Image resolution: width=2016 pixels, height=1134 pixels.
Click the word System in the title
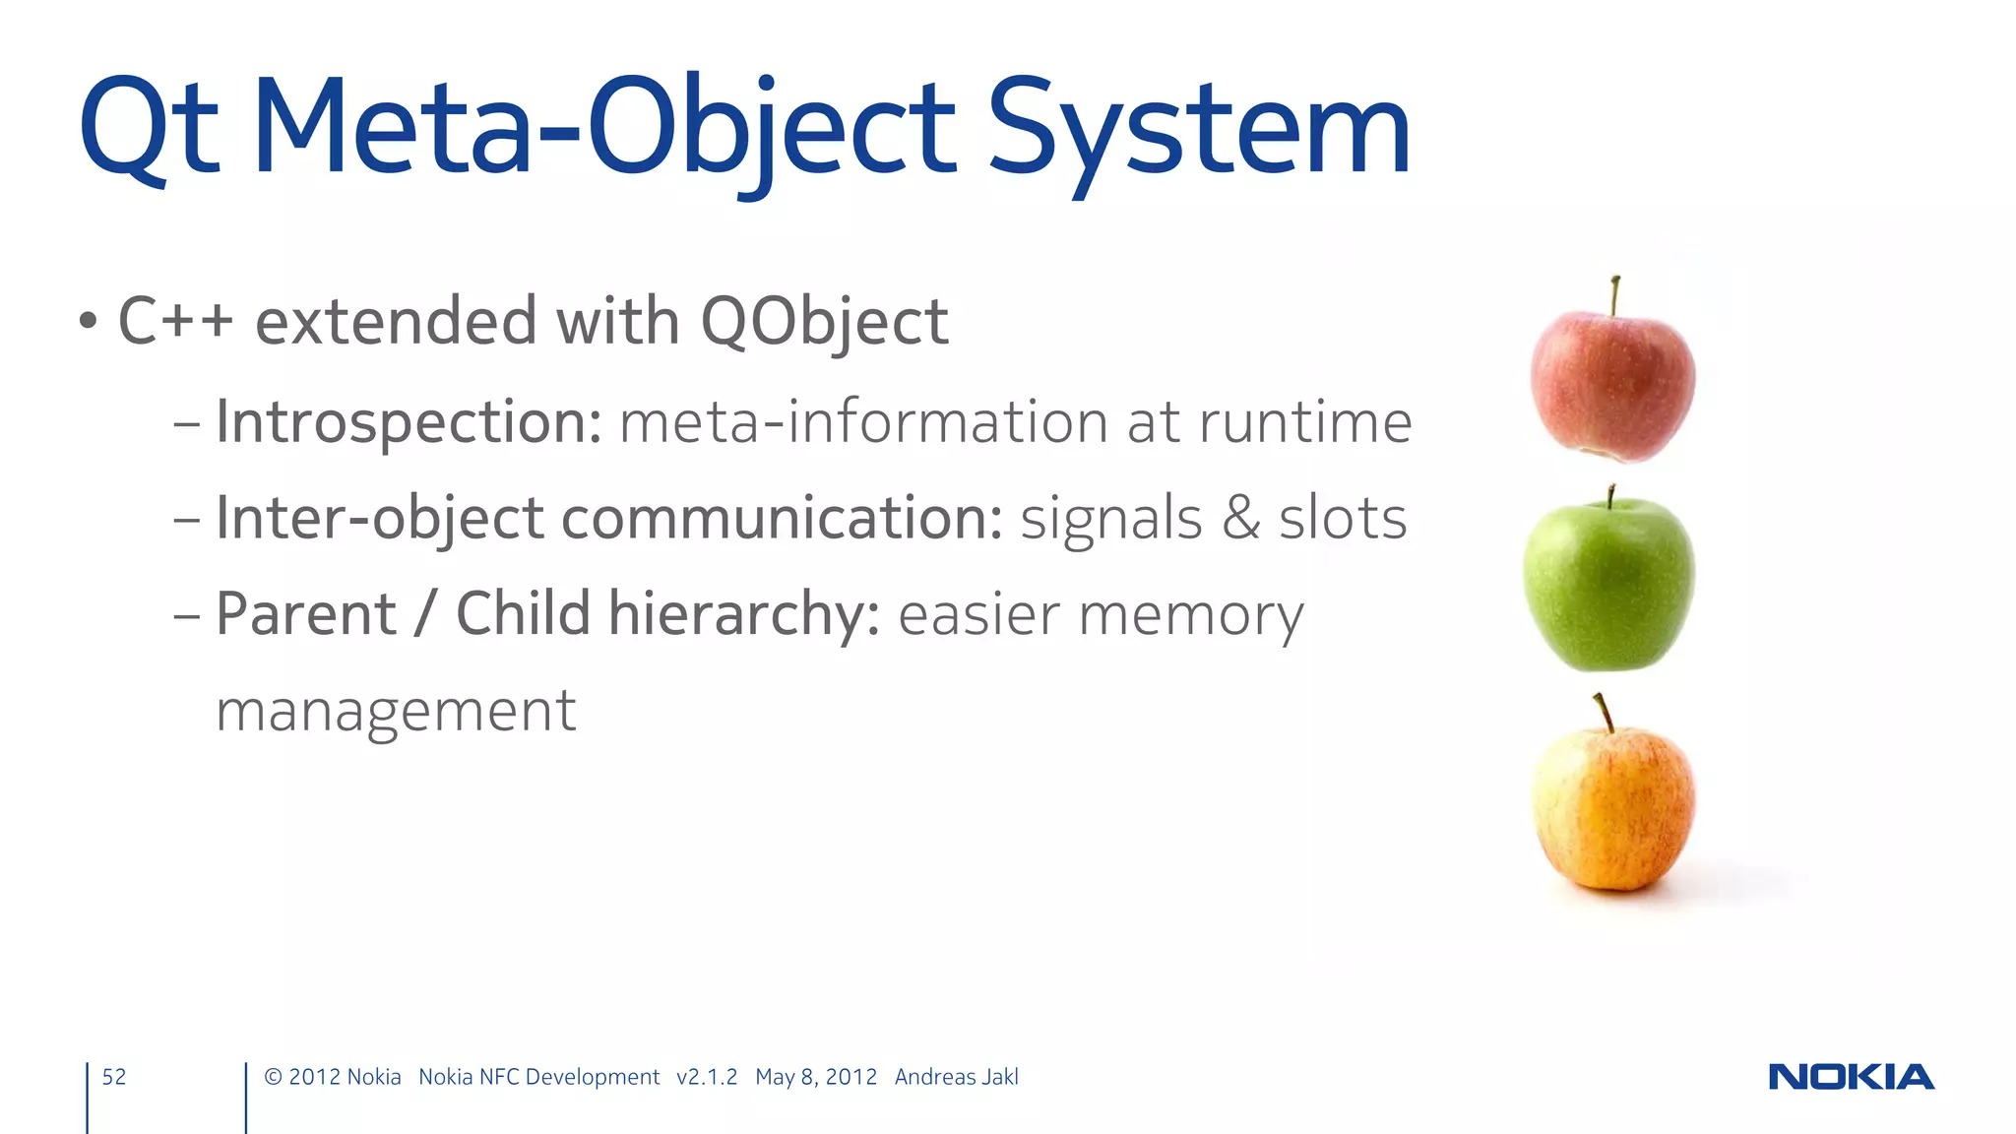tap(1198, 129)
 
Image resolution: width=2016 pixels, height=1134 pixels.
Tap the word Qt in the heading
tap(148, 129)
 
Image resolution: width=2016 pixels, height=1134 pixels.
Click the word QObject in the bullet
tap(824, 322)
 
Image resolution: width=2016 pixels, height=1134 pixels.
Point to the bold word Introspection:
tap(409, 422)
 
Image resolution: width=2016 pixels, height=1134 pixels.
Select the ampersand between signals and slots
tap(1240, 519)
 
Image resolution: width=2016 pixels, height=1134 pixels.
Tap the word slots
tap(1343, 519)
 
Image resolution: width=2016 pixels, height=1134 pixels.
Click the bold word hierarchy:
tap(744, 614)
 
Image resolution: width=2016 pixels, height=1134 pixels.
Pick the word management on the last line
tap(396, 711)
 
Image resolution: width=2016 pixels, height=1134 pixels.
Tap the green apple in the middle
tap(1609, 586)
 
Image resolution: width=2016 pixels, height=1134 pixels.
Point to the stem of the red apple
tap(1615, 294)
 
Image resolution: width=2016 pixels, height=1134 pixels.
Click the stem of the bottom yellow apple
tap(1604, 712)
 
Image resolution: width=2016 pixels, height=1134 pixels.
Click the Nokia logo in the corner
tap(1851, 1077)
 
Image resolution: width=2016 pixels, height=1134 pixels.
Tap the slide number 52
tap(114, 1077)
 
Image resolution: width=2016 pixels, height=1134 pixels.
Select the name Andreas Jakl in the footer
tap(956, 1077)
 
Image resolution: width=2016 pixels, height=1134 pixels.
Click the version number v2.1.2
tap(707, 1077)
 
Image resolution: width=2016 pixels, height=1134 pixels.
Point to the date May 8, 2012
tap(816, 1077)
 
